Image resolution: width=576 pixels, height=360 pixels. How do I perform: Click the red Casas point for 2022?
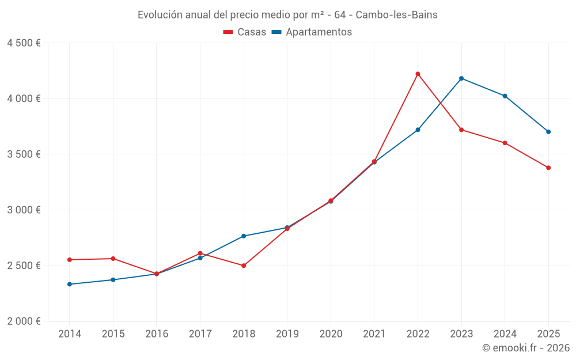[418, 74]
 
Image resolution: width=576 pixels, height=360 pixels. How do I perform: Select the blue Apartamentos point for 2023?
[461, 78]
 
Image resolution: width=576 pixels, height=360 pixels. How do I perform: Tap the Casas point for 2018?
[244, 266]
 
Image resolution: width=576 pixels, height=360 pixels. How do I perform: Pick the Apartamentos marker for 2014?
[70, 284]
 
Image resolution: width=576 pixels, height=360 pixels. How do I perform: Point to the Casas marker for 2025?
[548, 168]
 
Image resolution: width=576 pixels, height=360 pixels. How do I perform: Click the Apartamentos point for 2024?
[505, 96]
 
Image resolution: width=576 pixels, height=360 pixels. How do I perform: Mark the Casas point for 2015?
[113, 259]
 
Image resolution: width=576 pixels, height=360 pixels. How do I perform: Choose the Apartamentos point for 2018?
[244, 236]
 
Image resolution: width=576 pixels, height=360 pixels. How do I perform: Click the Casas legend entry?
[245, 32]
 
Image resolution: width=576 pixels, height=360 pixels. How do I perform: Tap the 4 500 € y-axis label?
[24, 43]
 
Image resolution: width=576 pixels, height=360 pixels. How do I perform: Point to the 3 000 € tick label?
[24, 210]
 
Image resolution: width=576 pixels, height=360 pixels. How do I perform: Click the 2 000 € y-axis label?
[24, 321]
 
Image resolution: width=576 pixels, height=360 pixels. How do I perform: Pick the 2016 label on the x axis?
[157, 334]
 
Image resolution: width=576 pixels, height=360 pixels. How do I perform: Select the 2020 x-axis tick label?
[331, 334]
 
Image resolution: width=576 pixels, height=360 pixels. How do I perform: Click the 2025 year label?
[548, 334]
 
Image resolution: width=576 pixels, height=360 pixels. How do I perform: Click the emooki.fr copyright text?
[525, 348]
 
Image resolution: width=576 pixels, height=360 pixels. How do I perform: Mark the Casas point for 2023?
[461, 130]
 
